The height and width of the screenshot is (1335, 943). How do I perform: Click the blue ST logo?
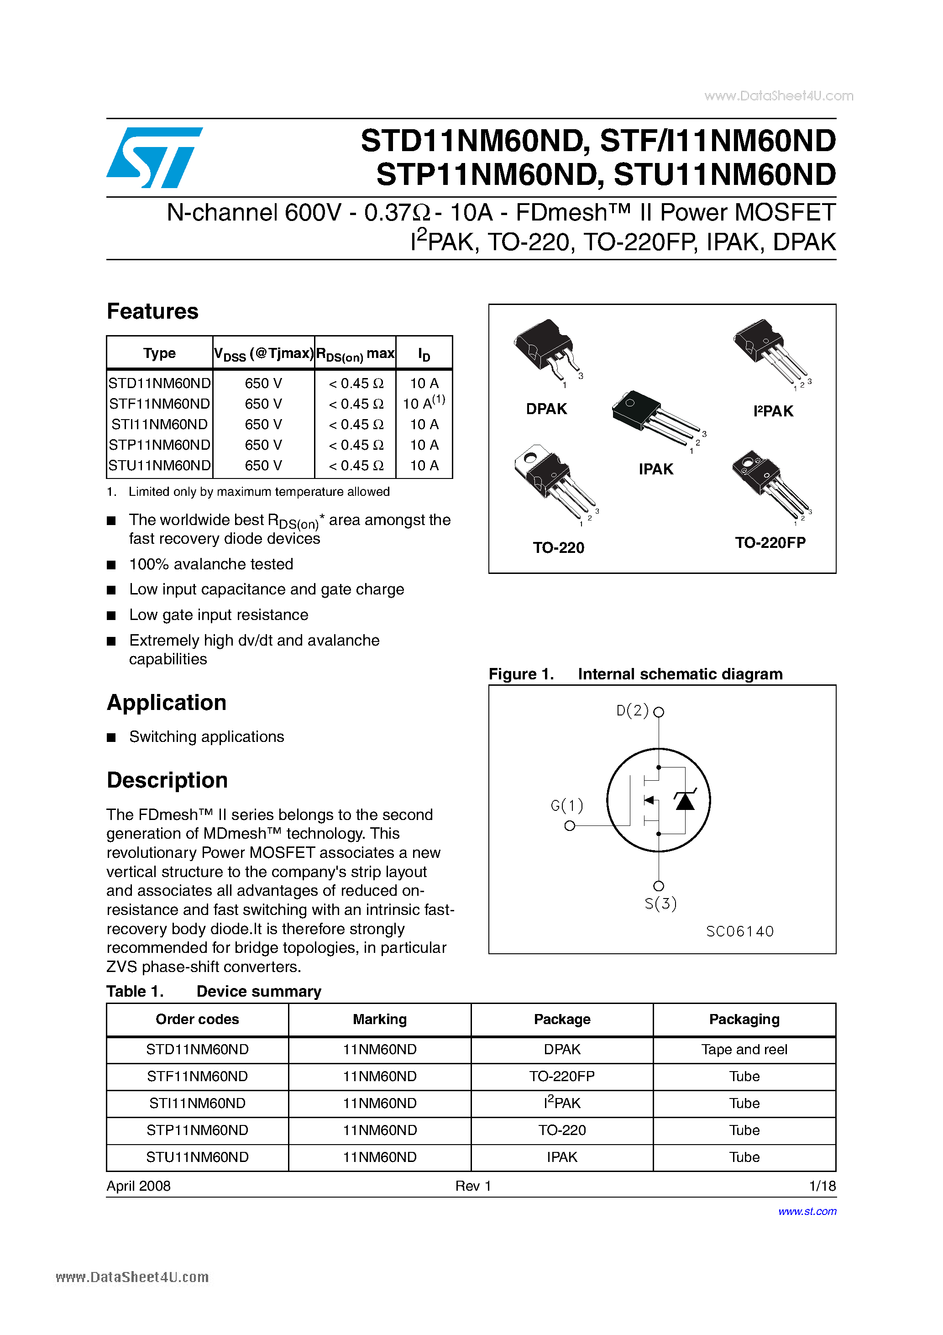point(154,158)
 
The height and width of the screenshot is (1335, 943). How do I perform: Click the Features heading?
point(152,312)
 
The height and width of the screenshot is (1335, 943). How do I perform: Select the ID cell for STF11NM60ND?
point(424,403)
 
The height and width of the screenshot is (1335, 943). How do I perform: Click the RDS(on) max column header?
point(355,353)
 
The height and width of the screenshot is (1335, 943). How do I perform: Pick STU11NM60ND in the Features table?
point(159,465)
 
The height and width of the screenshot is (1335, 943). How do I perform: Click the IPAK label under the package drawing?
point(656,469)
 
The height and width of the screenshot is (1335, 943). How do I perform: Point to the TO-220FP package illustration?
point(767,483)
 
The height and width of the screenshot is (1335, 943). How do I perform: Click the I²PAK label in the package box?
point(773,411)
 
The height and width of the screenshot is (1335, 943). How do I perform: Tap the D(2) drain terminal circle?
point(659,712)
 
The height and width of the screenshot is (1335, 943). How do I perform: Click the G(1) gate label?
point(566,805)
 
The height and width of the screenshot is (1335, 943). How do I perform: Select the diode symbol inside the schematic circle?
point(685,801)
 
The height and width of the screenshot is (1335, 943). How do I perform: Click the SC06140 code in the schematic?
point(739,931)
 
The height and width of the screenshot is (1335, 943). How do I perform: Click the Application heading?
point(166,702)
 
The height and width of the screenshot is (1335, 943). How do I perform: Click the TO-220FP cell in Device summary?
point(561,1076)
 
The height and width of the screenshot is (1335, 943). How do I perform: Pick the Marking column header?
point(380,1019)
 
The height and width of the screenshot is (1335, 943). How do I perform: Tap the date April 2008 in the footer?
point(138,1186)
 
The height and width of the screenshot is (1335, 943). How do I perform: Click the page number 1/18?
point(822,1186)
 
